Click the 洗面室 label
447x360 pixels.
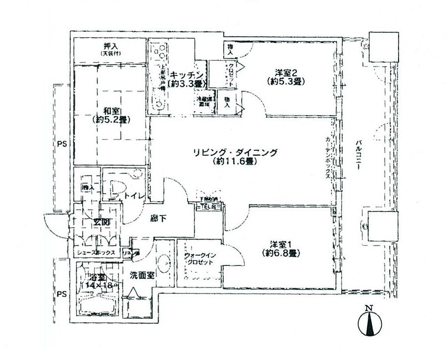click(x=142, y=275)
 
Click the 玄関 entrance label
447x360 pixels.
click(x=101, y=223)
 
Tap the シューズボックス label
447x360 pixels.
click(x=96, y=253)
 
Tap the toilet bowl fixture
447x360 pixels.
click(x=116, y=189)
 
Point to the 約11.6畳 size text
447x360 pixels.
click(x=235, y=161)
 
